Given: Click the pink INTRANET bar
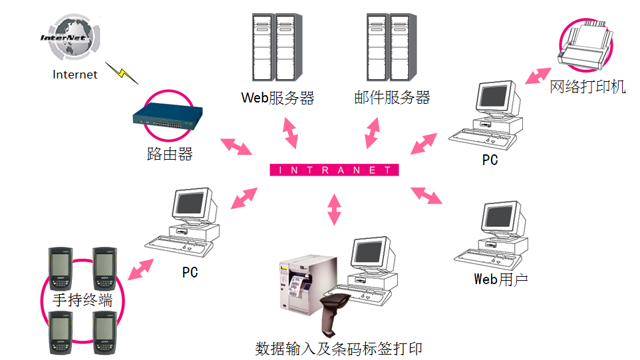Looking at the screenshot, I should pyautogui.click(x=334, y=170).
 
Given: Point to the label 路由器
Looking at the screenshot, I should pyautogui.click(x=170, y=154).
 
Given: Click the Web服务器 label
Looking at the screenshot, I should pyautogui.click(x=277, y=98).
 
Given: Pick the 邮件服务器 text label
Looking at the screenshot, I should pyautogui.click(x=393, y=98).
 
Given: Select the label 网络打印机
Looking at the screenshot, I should pyautogui.click(x=587, y=87).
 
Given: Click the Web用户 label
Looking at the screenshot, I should pyautogui.click(x=501, y=279).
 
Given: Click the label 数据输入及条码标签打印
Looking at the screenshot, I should pyautogui.click(x=339, y=349).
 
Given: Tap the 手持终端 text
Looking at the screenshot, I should pyautogui.click(x=82, y=300).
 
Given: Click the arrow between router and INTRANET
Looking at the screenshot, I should pyautogui.click(x=236, y=146).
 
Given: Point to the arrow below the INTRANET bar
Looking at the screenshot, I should pyautogui.click(x=334, y=209).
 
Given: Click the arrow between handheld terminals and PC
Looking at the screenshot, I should pyautogui.click(x=142, y=269).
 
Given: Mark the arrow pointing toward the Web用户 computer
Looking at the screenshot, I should pyautogui.click(x=426, y=195).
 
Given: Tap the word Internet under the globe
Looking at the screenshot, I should pyautogui.click(x=75, y=75).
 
